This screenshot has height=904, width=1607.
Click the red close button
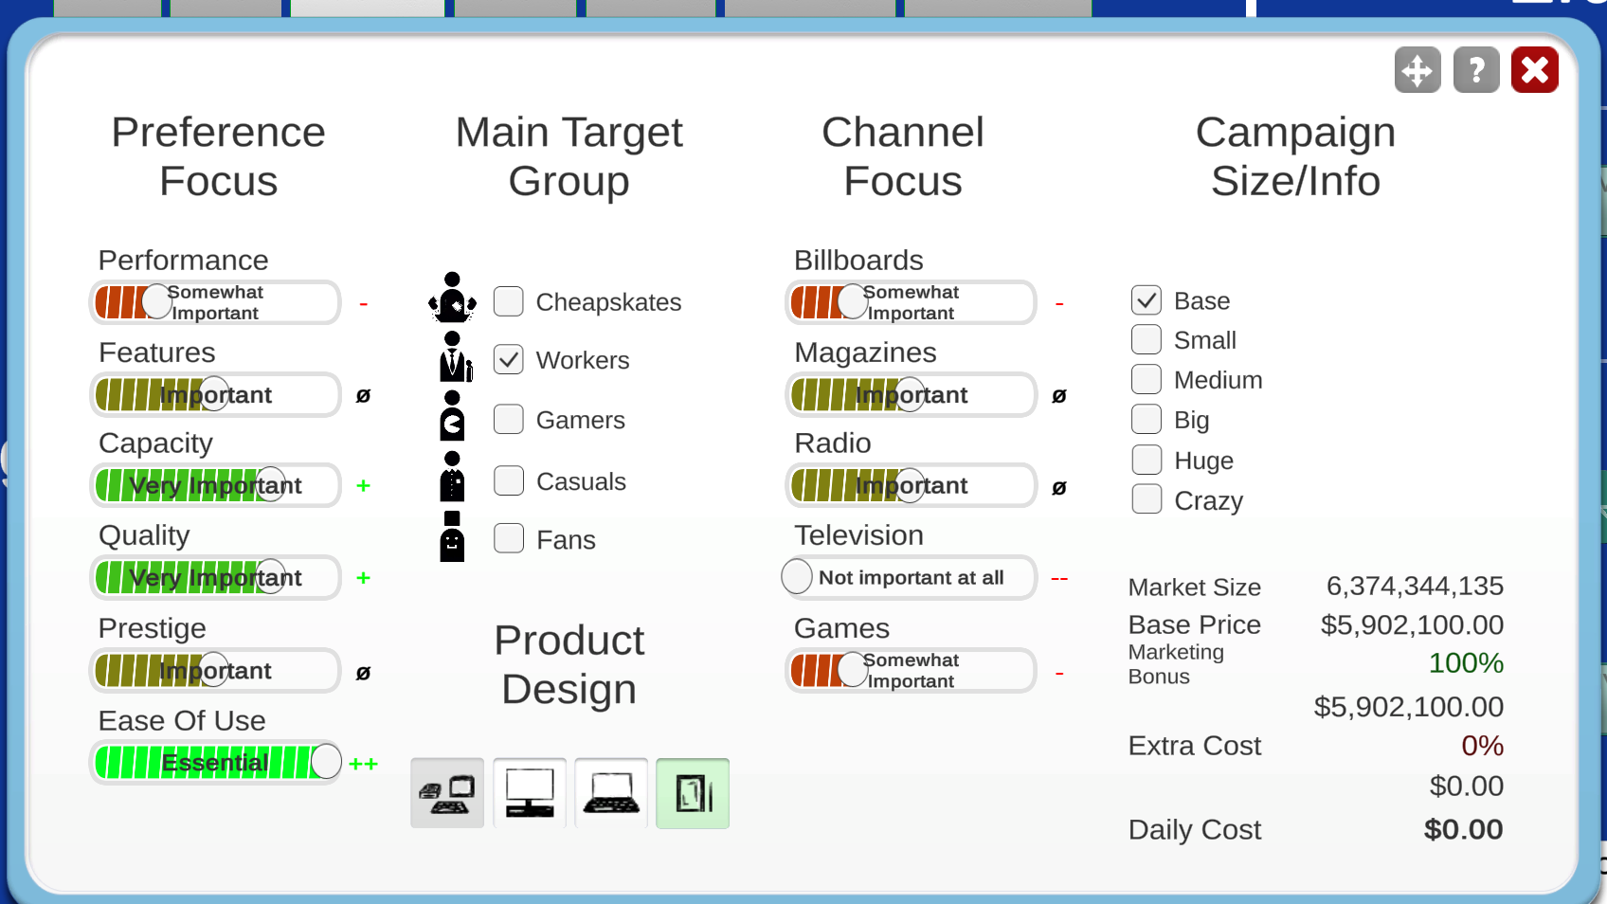(x=1534, y=70)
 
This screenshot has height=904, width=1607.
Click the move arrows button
(x=1417, y=70)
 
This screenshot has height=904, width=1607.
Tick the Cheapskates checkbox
(x=509, y=301)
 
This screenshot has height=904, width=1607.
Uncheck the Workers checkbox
(x=509, y=359)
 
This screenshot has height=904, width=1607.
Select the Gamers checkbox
(x=509, y=419)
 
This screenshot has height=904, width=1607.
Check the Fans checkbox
(x=509, y=538)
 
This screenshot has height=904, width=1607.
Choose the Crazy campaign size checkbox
(x=1147, y=499)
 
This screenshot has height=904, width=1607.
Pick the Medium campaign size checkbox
(x=1147, y=379)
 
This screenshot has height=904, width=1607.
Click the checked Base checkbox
(x=1147, y=299)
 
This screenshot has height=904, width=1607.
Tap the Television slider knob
(x=796, y=577)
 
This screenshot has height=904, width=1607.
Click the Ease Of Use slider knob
(x=326, y=761)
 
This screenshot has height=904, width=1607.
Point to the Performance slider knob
(x=156, y=301)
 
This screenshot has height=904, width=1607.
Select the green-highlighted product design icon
(x=693, y=793)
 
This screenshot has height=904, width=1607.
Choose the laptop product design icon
(x=611, y=793)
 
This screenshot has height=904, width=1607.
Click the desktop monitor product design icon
(x=530, y=793)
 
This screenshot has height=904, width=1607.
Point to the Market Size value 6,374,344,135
(x=1415, y=587)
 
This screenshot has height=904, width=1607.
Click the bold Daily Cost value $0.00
(x=1464, y=829)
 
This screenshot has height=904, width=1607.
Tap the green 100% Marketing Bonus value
(x=1466, y=663)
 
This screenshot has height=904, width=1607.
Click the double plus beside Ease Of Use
(x=363, y=764)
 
